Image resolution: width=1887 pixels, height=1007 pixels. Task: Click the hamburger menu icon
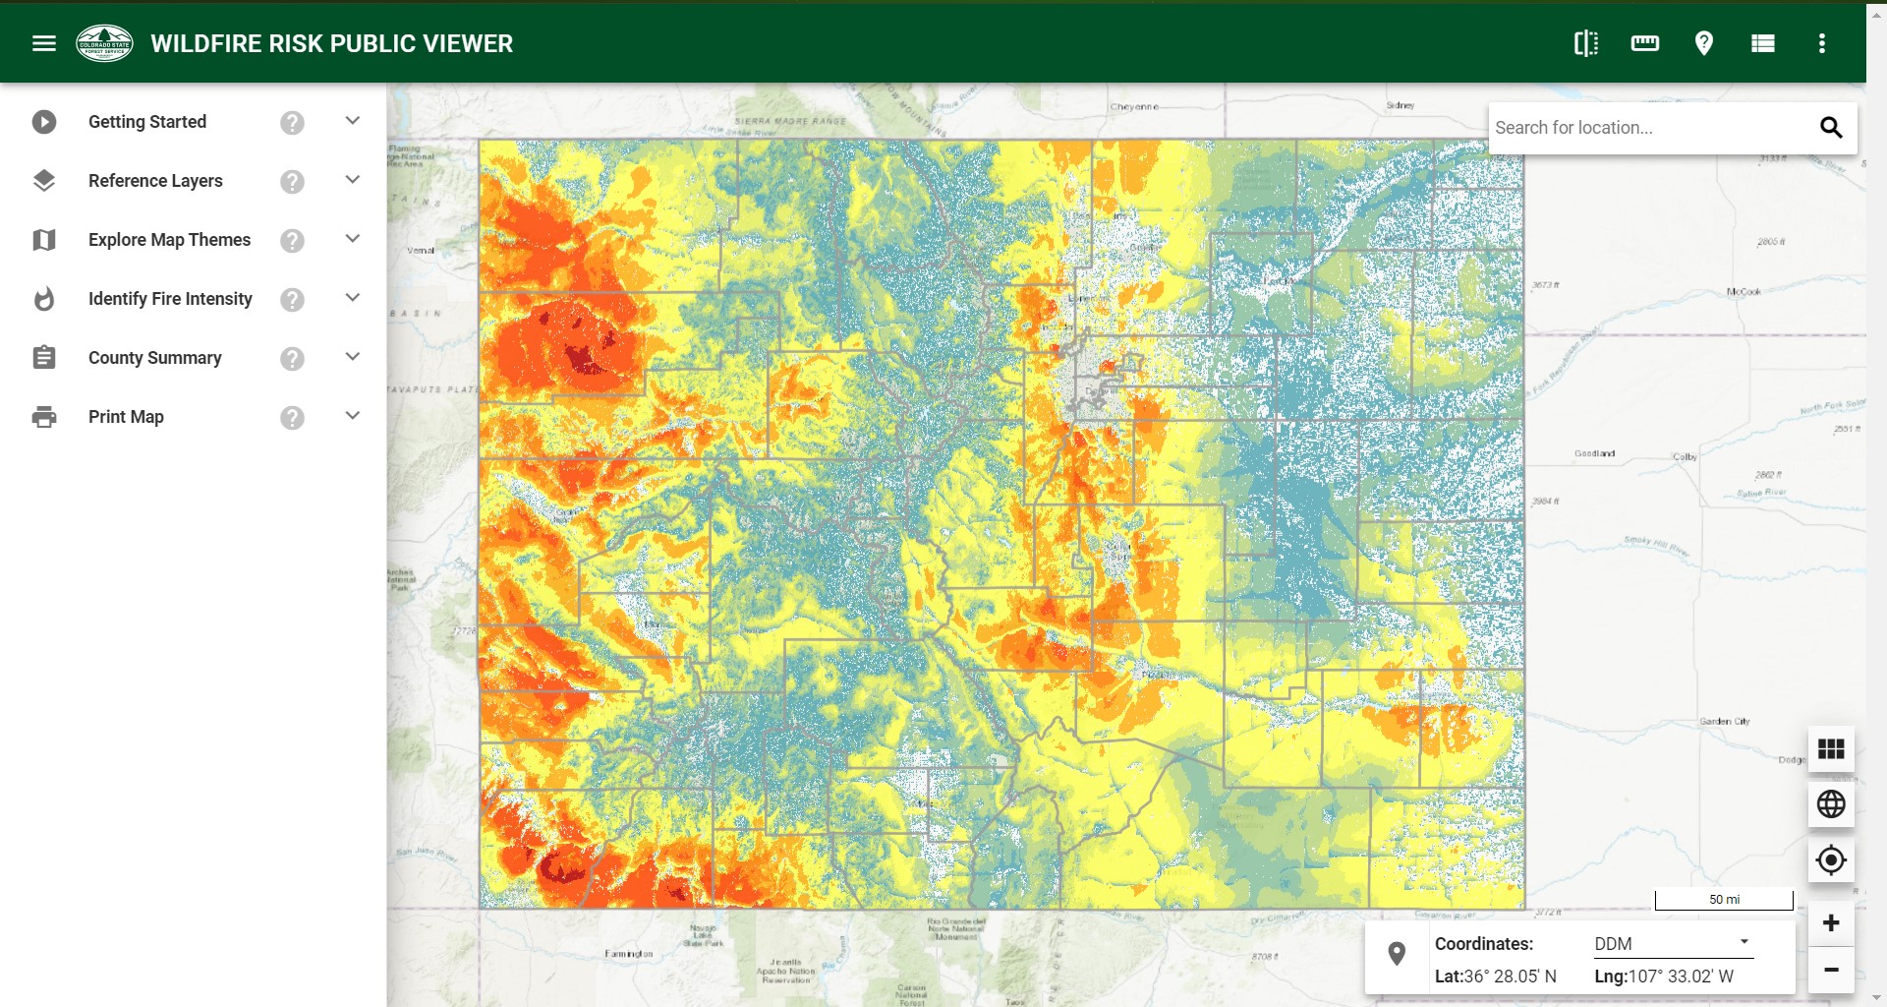pyautogui.click(x=44, y=43)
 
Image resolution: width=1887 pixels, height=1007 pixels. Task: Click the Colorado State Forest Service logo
pyautogui.click(x=104, y=43)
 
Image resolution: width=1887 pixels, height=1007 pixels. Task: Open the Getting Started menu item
pyautogui.click(x=147, y=122)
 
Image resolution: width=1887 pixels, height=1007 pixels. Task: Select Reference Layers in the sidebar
pyautogui.click(x=155, y=181)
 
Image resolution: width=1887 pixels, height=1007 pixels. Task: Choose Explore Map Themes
pyautogui.click(x=169, y=240)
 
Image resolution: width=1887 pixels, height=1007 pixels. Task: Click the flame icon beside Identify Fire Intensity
pyautogui.click(x=44, y=299)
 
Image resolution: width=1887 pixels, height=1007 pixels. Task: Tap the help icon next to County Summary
pyautogui.click(x=292, y=359)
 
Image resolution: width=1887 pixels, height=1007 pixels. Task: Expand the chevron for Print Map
pyautogui.click(x=353, y=416)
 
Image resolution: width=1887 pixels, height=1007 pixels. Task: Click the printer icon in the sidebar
pyautogui.click(x=44, y=417)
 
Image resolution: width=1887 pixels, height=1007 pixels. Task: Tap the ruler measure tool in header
pyautogui.click(x=1644, y=43)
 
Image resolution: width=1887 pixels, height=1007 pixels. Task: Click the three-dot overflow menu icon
pyautogui.click(x=1821, y=43)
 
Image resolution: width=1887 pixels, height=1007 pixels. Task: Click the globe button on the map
pyautogui.click(x=1830, y=804)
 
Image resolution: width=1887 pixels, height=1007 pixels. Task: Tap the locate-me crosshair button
pyautogui.click(x=1830, y=860)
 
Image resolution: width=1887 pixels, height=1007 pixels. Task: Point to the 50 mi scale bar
pyautogui.click(x=1724, y=900)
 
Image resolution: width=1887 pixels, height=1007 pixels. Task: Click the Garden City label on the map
pyautogui.click(x=1725, y=722)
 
